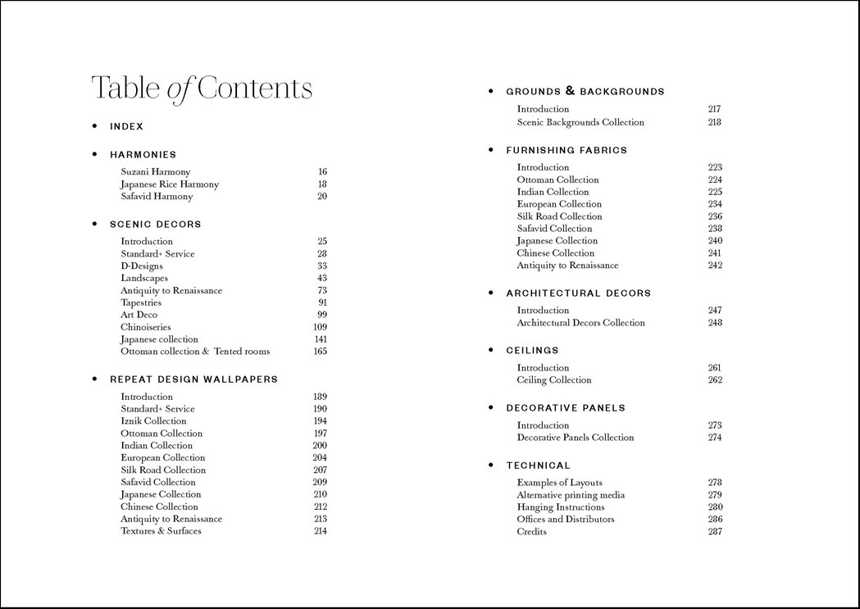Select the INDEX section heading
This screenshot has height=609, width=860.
(126, 126)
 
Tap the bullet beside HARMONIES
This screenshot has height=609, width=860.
(94, 154)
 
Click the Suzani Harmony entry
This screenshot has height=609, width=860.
(155, 172)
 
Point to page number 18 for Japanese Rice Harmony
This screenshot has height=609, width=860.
(322, 184)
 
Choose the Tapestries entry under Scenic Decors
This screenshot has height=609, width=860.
(141, 302)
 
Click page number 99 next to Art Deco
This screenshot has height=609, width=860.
(322, 315)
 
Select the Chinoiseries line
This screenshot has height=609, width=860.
(146, 327)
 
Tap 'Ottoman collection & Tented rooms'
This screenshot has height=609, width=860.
(195, 352)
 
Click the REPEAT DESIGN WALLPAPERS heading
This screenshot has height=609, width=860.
(193, 379)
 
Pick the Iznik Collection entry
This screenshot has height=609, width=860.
(153, 421)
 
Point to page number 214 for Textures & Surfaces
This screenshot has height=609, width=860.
(320, 531)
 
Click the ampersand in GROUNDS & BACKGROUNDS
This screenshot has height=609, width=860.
(570, 91)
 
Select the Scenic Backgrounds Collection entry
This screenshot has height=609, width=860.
(580, 122)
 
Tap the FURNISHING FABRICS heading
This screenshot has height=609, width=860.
(567, 150)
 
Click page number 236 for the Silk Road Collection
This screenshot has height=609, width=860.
(715, 216)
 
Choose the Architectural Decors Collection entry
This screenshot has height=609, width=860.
(580, 323)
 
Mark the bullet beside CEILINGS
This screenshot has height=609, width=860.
(491, 350)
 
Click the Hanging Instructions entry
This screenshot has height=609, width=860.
(561, 507)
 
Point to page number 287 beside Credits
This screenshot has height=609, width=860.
(715, 532)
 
